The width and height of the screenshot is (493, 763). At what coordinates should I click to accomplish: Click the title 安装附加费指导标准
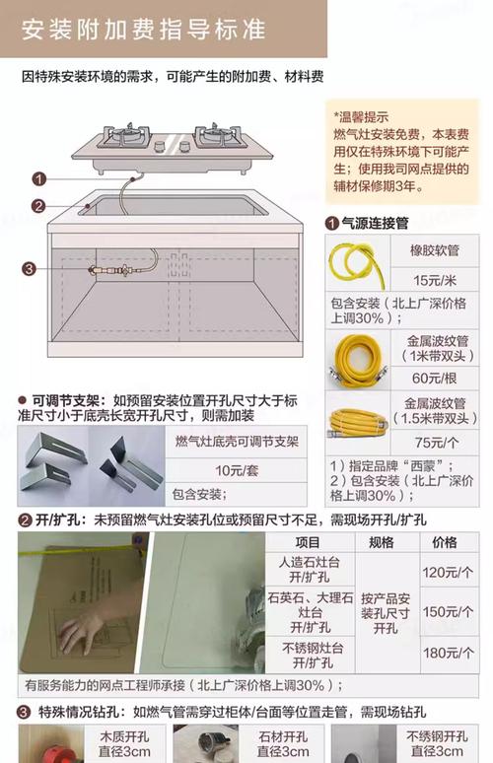tap(144, 29)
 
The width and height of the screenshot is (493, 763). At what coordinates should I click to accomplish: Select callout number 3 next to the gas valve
tap(29, 268)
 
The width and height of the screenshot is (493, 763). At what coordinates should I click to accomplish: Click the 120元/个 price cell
tap(438, 572)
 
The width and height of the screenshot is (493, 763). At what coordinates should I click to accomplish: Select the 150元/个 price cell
tap(438, 611)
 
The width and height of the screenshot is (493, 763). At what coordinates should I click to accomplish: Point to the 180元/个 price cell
tap(438, 652)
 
